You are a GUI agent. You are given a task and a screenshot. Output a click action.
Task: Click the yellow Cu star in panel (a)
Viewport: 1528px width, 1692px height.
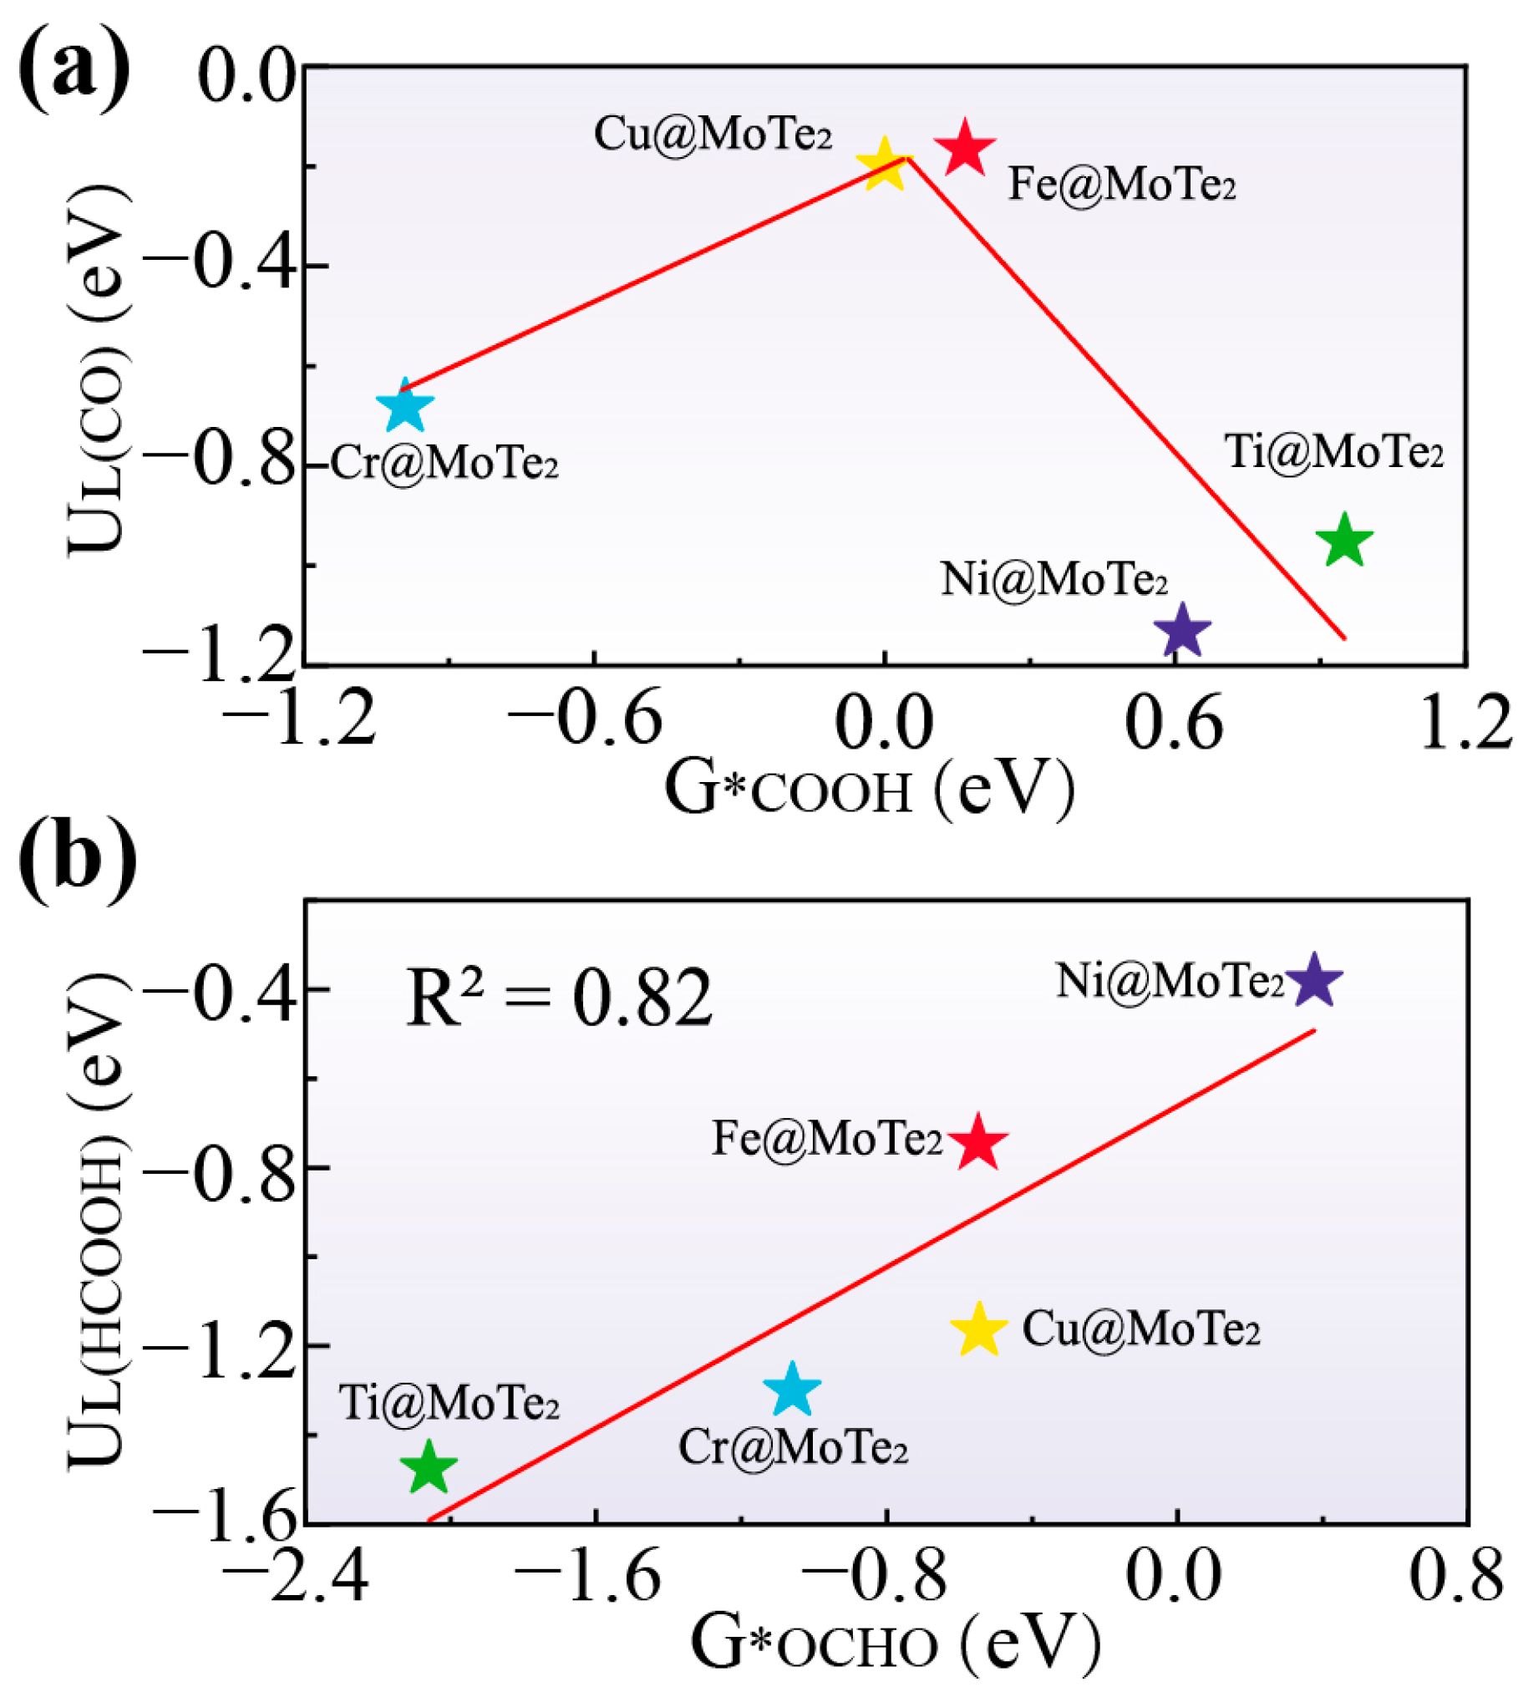click(x=883, y=165)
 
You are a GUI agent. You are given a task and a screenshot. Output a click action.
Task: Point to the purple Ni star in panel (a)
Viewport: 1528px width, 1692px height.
click(x=1182, y=631)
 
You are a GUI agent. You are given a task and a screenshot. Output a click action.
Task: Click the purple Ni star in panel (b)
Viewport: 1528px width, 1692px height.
click(x=1314, y=980)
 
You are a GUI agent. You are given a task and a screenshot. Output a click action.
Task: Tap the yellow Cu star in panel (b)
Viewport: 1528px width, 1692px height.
click(x=978, y=1330)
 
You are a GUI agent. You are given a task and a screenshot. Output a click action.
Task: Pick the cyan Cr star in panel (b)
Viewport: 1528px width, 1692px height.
click(x=792, y=1390)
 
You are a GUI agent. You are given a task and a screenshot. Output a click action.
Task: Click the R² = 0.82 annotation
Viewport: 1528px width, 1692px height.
click(x=559, y=998)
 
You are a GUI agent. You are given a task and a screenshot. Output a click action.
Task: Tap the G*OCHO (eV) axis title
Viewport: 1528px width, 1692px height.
click(x=894, y=1645)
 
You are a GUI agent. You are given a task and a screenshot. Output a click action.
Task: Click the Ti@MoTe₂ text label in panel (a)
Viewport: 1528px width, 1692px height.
click(x=1334, y=452)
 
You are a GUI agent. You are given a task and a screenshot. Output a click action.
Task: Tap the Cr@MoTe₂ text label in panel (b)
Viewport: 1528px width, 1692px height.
click(x=793, y=1448)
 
